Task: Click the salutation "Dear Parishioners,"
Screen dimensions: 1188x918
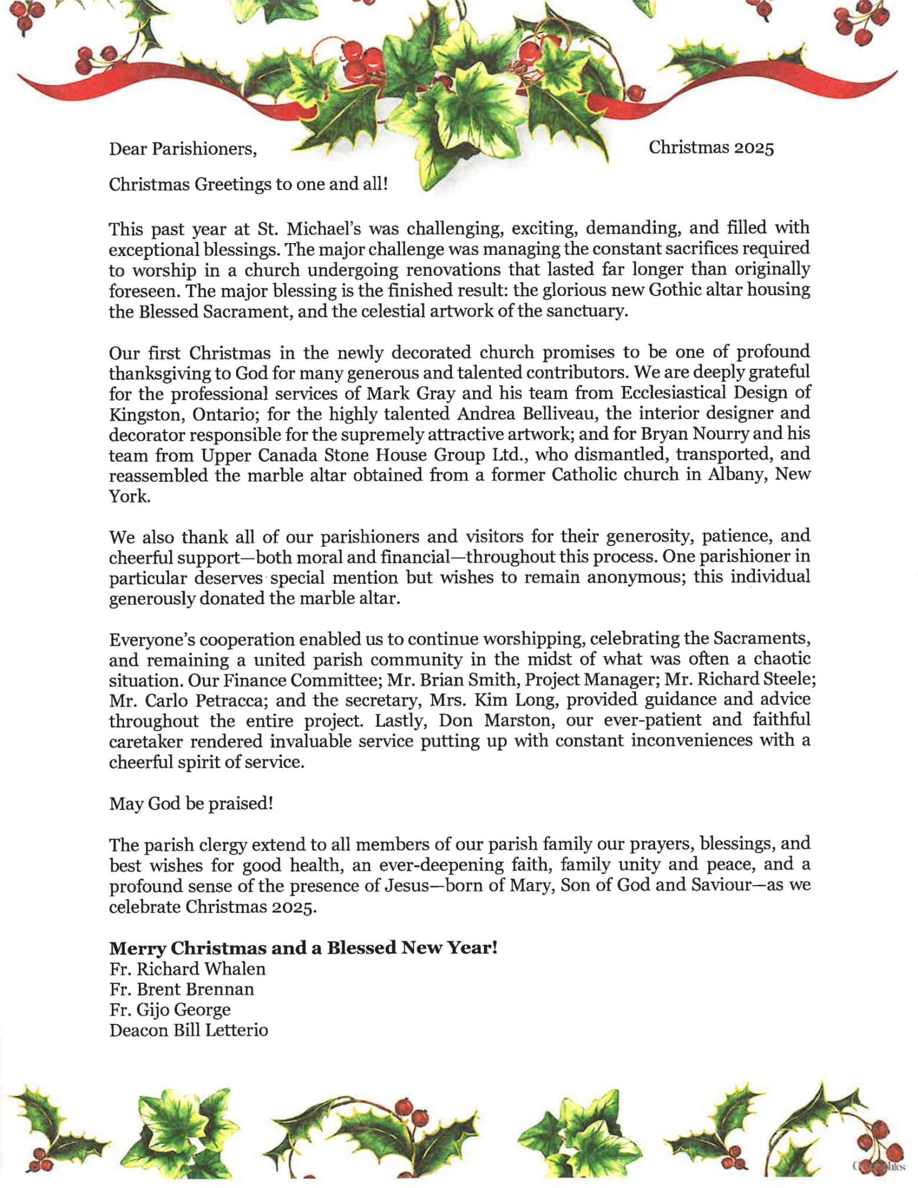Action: point(183,149)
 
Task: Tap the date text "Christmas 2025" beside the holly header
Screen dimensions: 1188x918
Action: point(711,147)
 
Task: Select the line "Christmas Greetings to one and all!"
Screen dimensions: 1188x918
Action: point(248,184)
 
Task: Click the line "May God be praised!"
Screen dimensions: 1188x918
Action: point(191,803)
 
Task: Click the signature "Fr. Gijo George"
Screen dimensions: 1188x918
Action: point(170,1010)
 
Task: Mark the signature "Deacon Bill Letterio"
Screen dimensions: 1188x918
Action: point(189,1030)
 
